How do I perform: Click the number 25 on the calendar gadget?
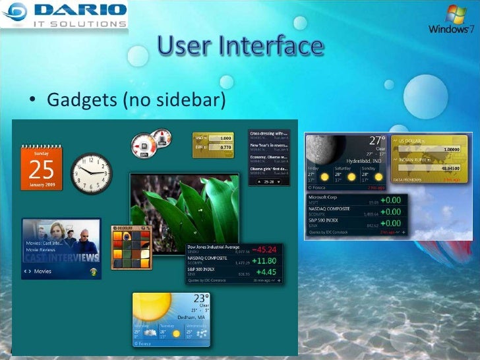41,170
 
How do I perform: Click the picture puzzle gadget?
132,247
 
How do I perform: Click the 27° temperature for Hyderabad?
376,140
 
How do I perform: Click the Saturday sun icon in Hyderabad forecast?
351,177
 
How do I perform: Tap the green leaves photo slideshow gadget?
184,208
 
